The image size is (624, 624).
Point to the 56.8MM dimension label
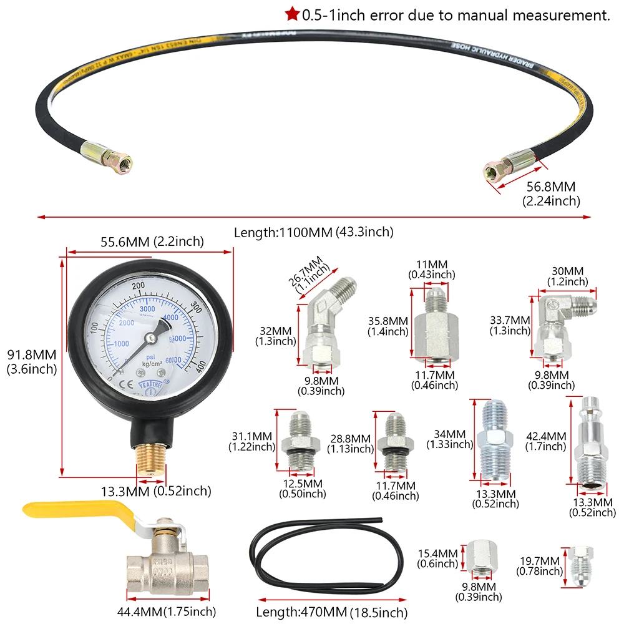pyautogui.click(x=551, y=186)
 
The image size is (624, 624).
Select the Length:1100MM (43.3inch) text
pyautogui.click(x=313, y=232)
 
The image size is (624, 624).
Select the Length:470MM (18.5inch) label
pyautogui.click(x=331, y=612)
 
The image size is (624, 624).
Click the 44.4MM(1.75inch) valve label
pyautogui.click(x=167, y=612)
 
